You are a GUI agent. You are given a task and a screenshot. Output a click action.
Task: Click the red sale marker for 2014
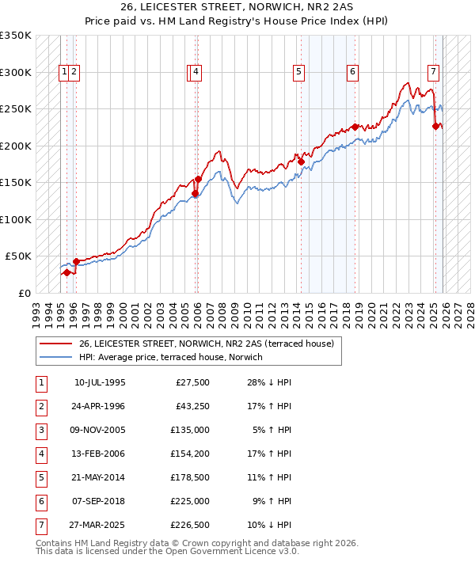tap(302, 161)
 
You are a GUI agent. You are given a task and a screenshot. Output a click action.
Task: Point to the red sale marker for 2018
tap(355, 127)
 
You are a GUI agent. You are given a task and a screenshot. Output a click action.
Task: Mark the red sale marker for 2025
tap(436, 126)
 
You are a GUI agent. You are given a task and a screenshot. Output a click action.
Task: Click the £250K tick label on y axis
tap(16, 109)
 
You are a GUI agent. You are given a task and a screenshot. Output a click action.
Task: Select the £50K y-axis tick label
tap(18, 256)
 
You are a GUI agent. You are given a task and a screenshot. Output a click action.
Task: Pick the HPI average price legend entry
tap(170, 358)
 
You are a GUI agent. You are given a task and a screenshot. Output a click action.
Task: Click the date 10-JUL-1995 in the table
tap(100, 383)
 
